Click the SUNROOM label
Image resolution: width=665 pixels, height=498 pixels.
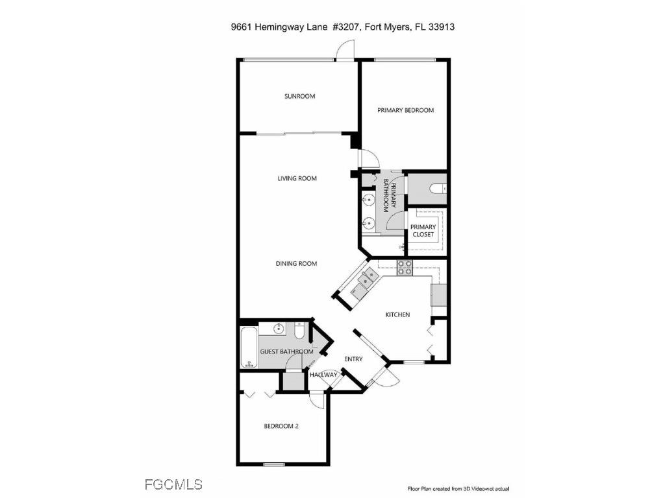tap(299, 97)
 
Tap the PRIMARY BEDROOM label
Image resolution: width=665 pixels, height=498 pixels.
tap(405, 110)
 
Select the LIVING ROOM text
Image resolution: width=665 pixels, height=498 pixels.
tap(297, 178)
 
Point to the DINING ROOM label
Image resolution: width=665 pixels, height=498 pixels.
tap(296, 264)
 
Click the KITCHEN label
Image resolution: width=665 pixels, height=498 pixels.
tap(397, 315)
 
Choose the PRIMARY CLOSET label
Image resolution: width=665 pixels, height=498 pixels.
tap(423, 231)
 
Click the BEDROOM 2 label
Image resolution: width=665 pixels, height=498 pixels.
tap(281, 427)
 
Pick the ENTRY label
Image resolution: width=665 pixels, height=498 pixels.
tap(353, 359)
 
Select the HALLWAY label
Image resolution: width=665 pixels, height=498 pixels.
tap(323, 375)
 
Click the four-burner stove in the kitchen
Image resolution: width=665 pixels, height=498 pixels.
tap(405, 267)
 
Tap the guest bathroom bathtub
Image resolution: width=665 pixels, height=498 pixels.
tap(249, 348)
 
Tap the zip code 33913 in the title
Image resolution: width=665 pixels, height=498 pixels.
tap(447, 27)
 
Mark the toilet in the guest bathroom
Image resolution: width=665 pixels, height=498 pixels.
tap(298, 332)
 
